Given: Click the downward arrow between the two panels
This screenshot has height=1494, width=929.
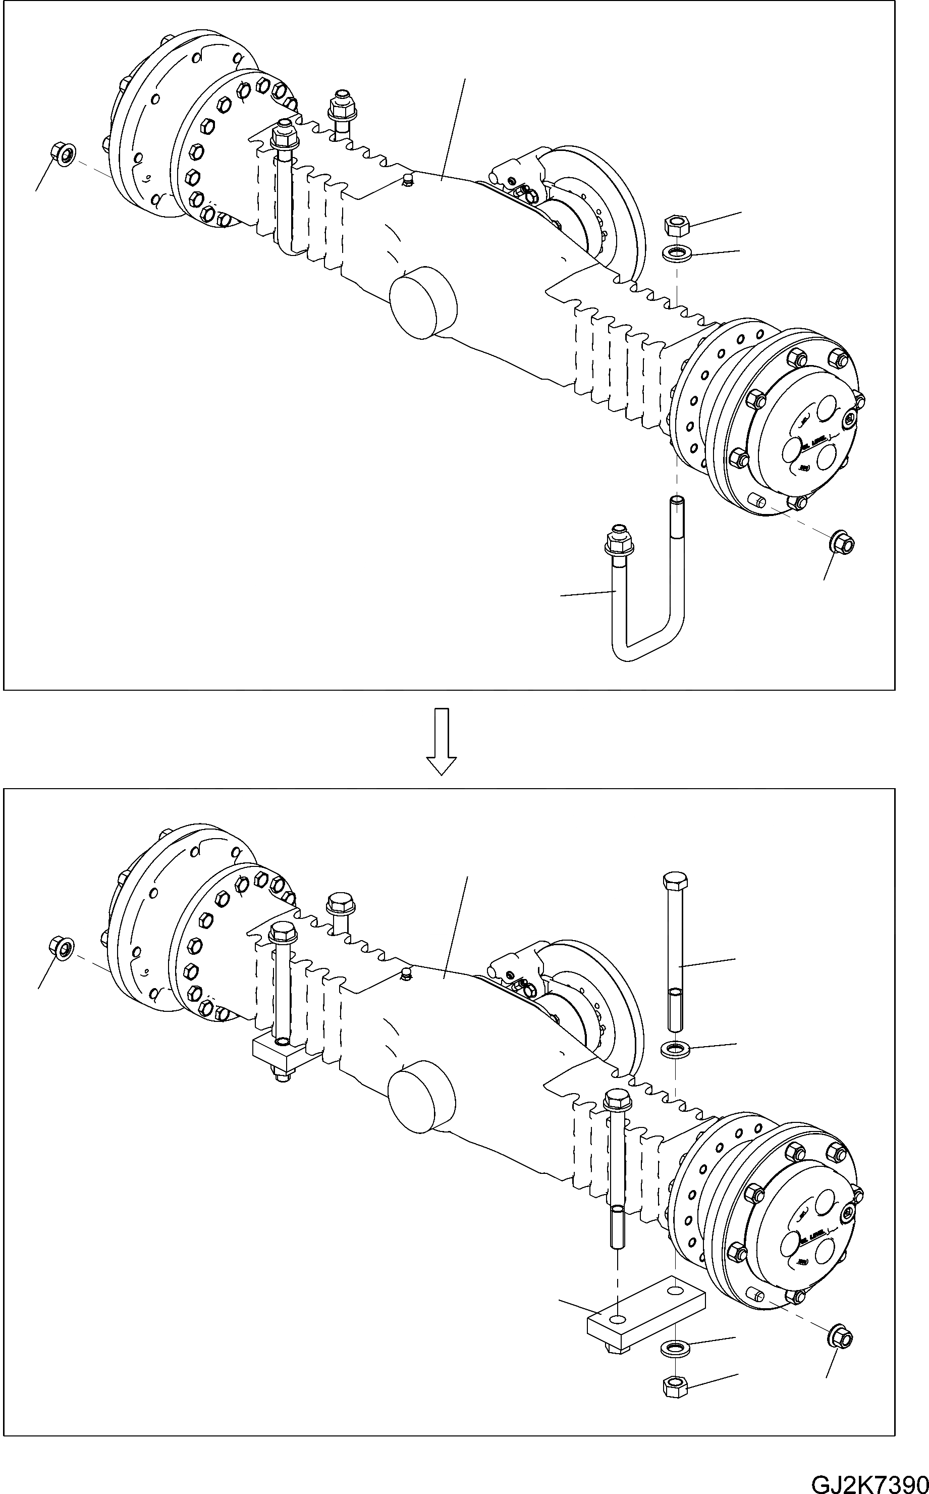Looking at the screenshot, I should pyautogui.click(x=441, y=741).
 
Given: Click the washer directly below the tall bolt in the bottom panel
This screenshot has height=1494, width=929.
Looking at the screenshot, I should pyautogui.click(x=675, y=1050).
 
